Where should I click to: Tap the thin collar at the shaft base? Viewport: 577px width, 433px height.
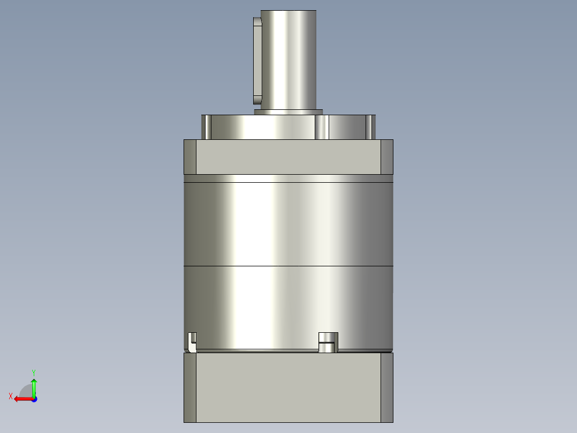tap(288, 112)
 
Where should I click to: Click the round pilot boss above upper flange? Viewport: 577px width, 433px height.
tap(262, 128)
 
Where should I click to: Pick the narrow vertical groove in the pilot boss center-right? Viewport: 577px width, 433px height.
tap(322, 128)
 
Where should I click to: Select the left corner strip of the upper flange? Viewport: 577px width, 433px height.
tap(190, 157)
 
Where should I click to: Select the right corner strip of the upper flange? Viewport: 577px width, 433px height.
tap(387, 157)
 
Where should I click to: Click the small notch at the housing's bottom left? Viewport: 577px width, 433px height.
tap(192, 341)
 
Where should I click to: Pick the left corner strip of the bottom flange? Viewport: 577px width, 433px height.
tap(190, 387)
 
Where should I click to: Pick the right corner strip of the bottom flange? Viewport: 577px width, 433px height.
tap(387, 387)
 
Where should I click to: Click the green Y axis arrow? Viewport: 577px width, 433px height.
tap(34, 385)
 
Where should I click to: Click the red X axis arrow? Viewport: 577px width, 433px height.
tap(22, 399)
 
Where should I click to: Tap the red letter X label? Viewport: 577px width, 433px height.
tap(10, 396)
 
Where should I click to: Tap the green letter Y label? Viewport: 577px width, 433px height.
tap(34, 372)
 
